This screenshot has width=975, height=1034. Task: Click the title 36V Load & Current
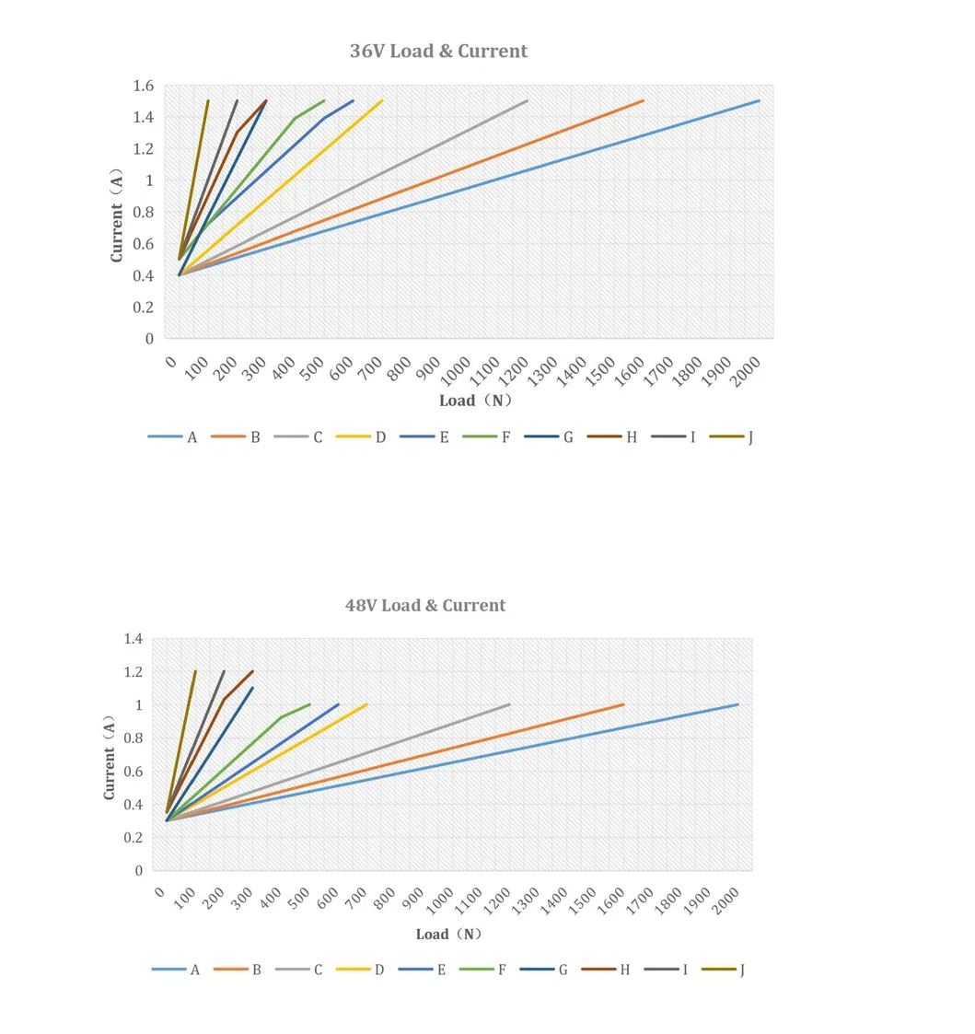coord(438,51)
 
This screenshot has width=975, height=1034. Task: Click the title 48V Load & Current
coord(424,605)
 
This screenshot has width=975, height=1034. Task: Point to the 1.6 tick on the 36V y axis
coord(143,86)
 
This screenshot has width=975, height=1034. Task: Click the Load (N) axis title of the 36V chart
coord(475,401)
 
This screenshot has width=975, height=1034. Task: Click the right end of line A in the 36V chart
coord(759,100)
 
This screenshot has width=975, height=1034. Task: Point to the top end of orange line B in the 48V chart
coord(623,704)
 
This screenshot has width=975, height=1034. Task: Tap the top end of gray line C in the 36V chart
coord(527,100)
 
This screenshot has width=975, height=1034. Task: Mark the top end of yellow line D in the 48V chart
coord(366,704)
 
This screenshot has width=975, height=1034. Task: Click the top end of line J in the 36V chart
coord(208,100)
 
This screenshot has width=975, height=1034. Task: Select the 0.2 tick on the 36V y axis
coord(143,307)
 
